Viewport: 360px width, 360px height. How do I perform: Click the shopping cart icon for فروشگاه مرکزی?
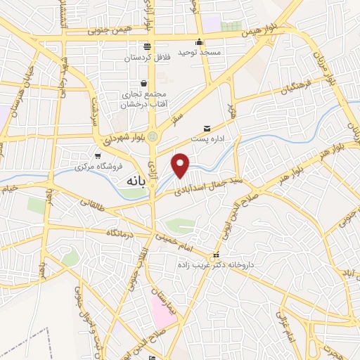tap(97, 157)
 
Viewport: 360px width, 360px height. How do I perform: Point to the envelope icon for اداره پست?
tap(207, 128)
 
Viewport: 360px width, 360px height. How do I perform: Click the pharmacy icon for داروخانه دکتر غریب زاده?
tap(215, 255)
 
